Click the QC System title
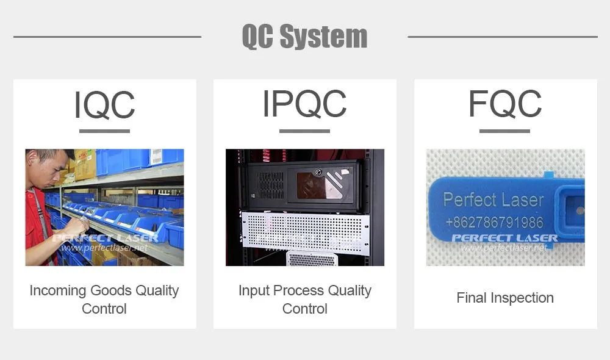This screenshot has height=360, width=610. point(304,36)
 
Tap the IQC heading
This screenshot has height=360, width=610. point(104,104)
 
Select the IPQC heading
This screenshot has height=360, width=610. point(304,104)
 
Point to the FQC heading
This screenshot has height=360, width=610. point(505,104)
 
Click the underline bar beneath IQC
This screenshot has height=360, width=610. point(104,131)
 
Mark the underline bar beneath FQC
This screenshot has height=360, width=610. point(504,131)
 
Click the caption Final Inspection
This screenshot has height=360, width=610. point(505,298)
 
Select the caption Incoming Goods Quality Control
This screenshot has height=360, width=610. point(104,299)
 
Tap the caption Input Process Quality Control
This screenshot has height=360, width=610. point(304,299)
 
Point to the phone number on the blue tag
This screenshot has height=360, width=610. point(495,222)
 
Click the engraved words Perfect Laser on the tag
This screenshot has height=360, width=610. point(493,200)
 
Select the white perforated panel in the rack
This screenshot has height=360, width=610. point(306,232)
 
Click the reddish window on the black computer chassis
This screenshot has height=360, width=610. point(320,185)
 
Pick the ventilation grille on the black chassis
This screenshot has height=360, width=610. point(271,185)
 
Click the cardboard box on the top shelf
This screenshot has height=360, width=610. point(85,164)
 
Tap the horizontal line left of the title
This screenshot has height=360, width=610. point(107,37)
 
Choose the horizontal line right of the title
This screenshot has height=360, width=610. point(503,37)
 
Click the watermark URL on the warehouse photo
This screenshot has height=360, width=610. point(104,248)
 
